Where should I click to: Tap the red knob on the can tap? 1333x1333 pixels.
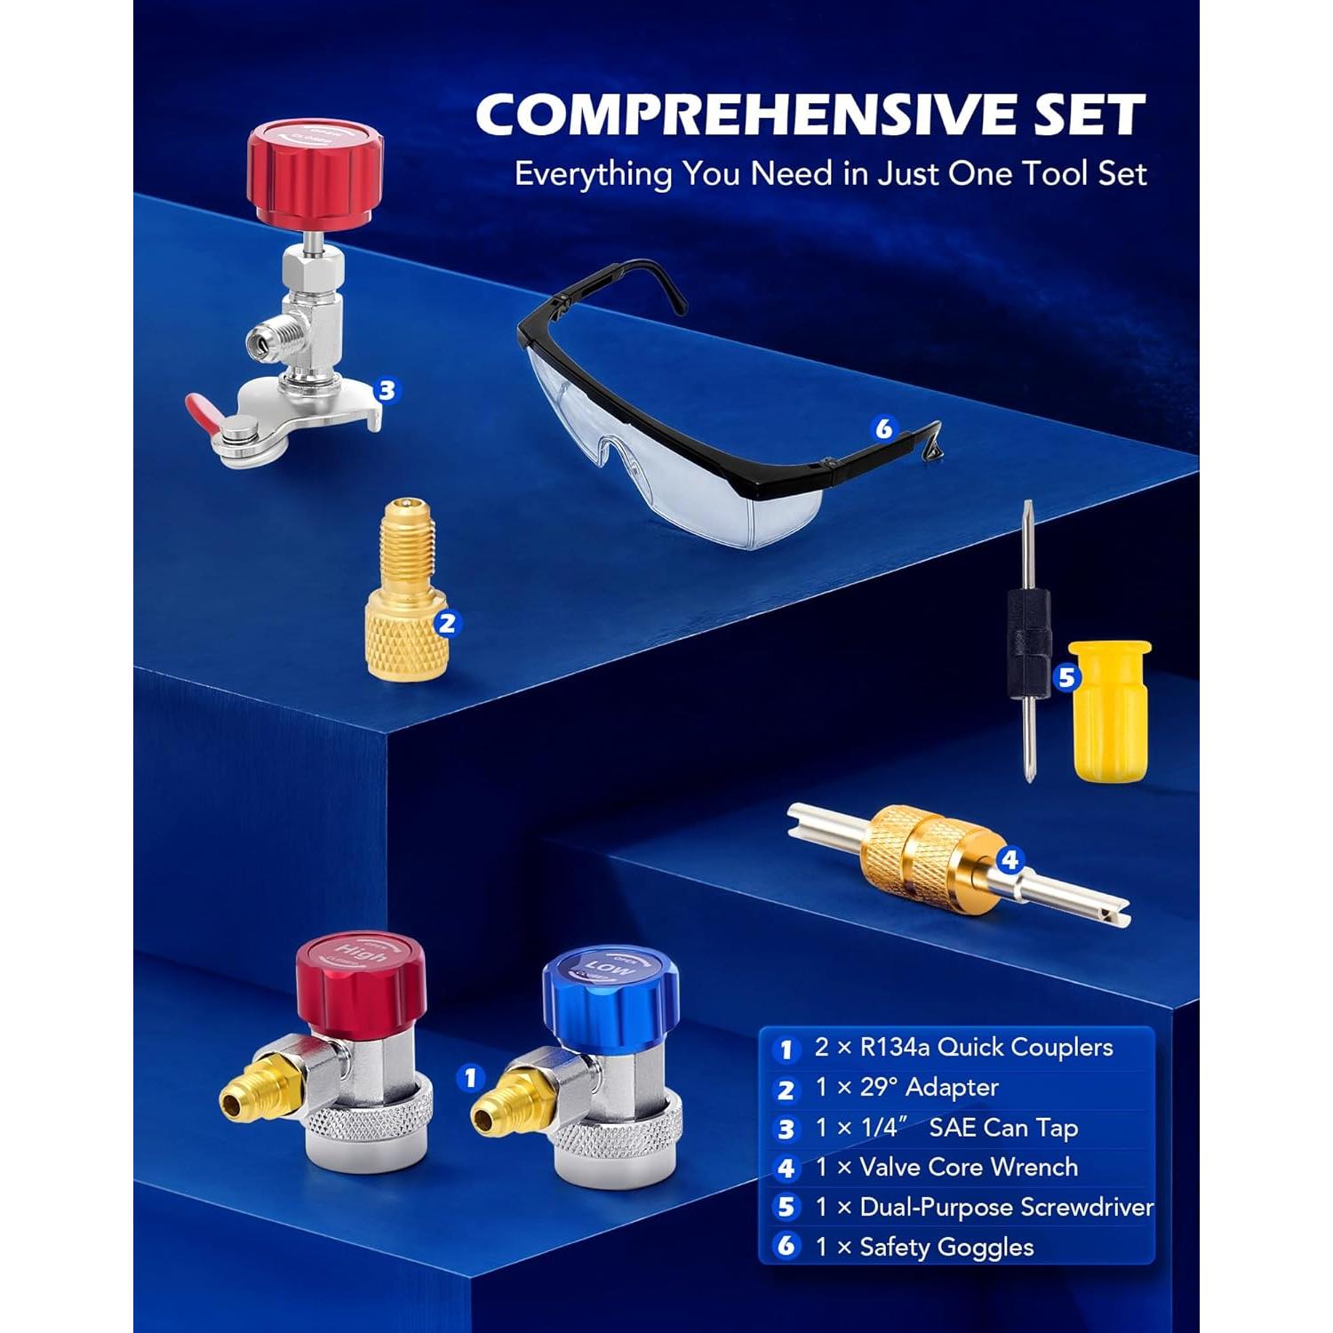315,172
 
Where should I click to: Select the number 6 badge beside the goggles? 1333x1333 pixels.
883,429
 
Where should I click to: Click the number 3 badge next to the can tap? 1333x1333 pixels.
386,390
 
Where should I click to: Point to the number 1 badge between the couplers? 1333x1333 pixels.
470,1078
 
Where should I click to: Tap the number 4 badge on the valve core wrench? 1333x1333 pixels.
1010,859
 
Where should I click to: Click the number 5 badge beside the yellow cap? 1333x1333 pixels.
1066,678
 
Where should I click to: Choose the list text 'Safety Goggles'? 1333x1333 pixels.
946,1247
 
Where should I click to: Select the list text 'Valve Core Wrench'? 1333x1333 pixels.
969,1167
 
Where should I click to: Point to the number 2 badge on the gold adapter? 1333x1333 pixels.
447,623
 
